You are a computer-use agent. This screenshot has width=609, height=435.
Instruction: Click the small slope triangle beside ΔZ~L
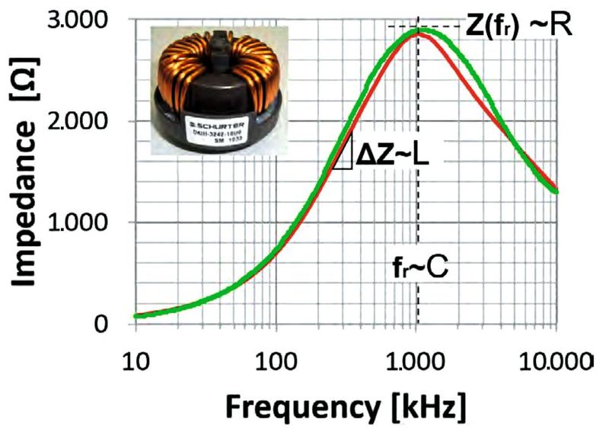(343, 156)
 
